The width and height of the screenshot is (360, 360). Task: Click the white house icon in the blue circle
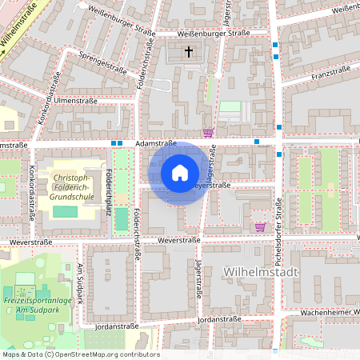(180, 173)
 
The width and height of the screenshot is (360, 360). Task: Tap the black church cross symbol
(189, 53)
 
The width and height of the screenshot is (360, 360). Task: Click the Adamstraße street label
(155, 142)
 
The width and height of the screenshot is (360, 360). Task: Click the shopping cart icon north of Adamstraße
(208, 133)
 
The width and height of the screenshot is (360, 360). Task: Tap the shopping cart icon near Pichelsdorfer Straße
(259, 226)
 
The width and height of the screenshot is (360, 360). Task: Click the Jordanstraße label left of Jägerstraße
(117, 326)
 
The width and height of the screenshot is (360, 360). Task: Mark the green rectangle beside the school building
(66, 211)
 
